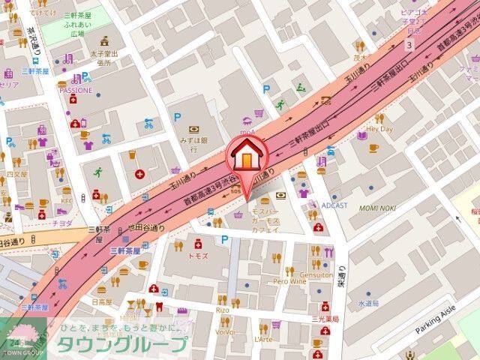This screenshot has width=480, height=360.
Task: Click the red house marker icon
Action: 245,160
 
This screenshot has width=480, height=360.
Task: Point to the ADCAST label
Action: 334,204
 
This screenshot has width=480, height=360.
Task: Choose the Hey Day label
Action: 380,129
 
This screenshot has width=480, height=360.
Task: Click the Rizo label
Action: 222,310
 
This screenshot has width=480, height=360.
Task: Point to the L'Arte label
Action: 263,340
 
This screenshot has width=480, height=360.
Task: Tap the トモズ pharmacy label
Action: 198,256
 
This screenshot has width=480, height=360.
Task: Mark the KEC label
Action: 67,200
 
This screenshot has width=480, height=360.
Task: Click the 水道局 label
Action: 368,303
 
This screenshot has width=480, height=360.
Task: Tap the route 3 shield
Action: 409,45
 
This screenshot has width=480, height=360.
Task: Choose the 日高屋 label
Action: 100,301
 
